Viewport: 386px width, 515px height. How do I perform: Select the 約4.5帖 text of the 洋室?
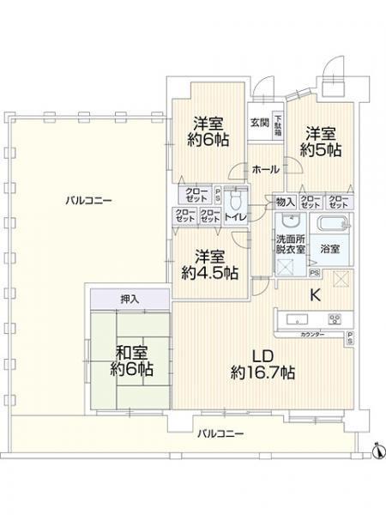[210, 274]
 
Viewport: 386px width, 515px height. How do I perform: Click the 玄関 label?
[259, 121]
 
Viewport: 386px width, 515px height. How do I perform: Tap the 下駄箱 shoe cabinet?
[279, 125]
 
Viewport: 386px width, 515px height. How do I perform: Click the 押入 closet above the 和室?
[129, 300]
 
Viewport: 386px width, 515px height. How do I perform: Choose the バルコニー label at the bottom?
[221, 434]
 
